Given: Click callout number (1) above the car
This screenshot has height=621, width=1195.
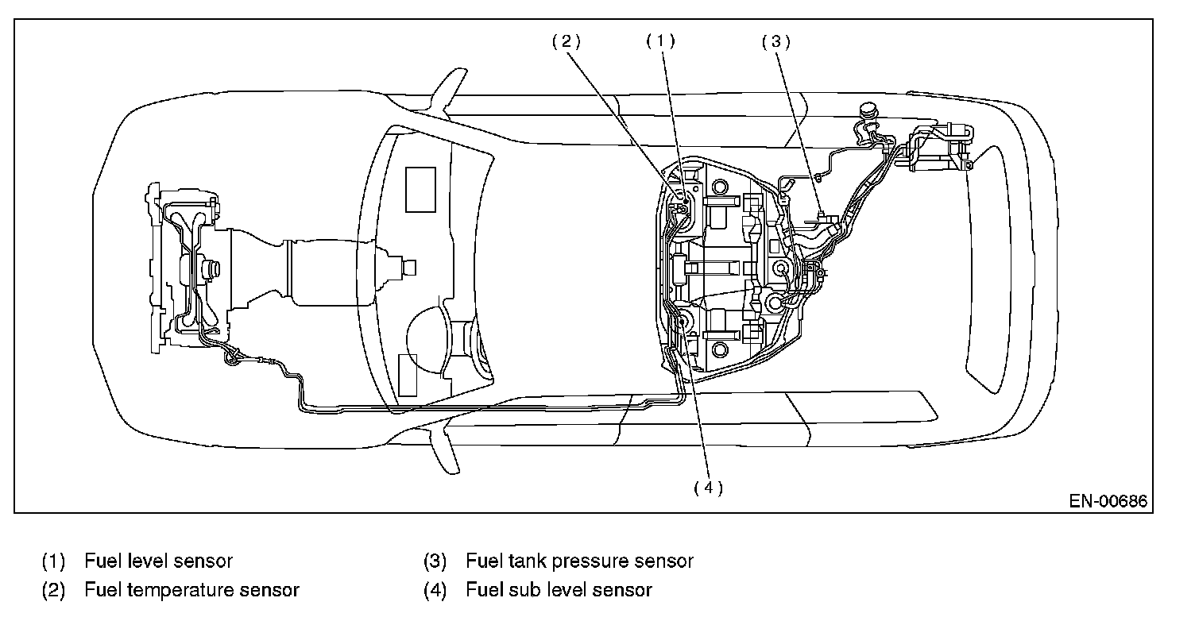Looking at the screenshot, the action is coord(660,41).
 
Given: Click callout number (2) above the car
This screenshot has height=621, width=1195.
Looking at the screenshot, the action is coord(566,41).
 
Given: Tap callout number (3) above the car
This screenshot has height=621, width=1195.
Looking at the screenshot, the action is coord(776,41).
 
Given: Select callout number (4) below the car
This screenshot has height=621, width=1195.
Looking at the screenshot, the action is coord(709,488).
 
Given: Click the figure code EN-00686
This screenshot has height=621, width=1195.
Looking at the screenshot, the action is coord(1108,501).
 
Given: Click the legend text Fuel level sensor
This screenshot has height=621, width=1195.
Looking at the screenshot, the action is coord(158,561).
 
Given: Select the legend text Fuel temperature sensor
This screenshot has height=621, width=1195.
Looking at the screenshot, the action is coord(192,590).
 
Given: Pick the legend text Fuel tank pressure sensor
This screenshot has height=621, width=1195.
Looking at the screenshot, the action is coord(579,561).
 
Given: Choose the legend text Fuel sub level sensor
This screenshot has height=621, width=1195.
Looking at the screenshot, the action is coord(559,590).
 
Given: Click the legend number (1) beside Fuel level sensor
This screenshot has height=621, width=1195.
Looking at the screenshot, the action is coord(53,561).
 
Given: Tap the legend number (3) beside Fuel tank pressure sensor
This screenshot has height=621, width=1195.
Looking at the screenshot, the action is coord(435,561).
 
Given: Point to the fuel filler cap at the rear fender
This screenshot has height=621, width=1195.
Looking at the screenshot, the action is coord(868,111).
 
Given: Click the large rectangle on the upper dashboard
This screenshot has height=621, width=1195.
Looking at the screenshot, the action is coord(420,190).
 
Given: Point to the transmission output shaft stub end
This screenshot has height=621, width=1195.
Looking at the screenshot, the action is coord(410,268).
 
